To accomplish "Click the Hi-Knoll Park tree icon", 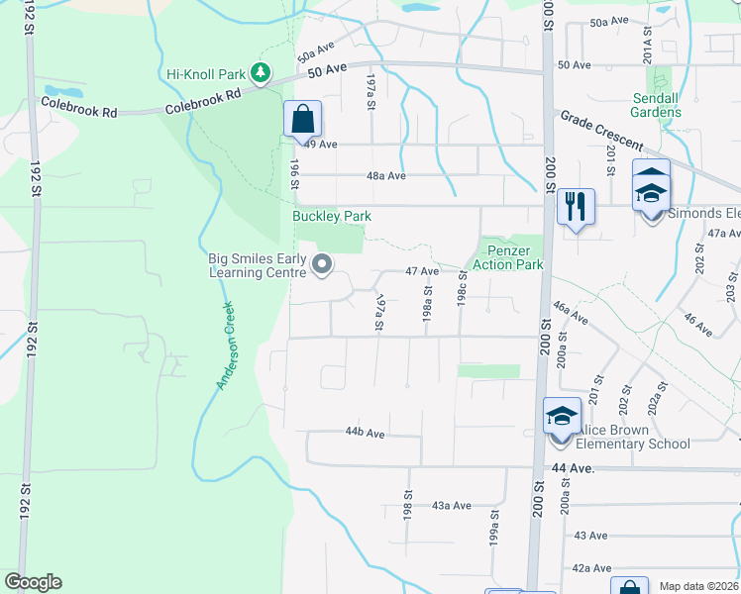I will pyautogui.click(x=261, y=72).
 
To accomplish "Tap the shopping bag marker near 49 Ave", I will pyautogui.click(x=302, y=120).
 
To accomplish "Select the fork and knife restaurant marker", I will pyautogui.click(x=576, y=207).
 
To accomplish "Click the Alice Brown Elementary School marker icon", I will pyautogui.click(x=562, y=417).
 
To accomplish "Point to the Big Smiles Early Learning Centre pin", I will pyautogui.click(x=322, y=264).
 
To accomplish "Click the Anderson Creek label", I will pyautogui.click(x=226, y=346).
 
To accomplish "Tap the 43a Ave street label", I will pyautogui.click(x=451, y=505).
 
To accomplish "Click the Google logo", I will pyautogui.click(x=33, y=582).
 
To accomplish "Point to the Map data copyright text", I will pyautogui.click(x=699, y=586).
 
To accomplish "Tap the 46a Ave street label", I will pyautogui.click(x=571, y=314).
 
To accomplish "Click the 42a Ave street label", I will pyautogui.click(x=591, y=568).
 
